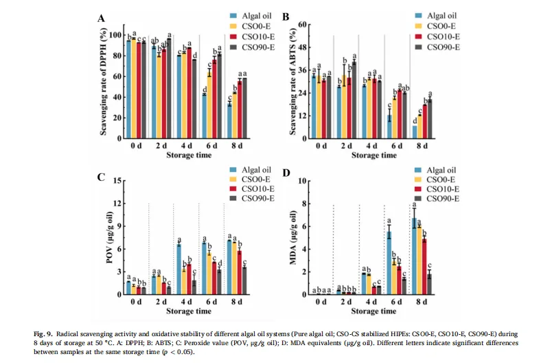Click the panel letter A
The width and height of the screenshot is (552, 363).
coord(102,18)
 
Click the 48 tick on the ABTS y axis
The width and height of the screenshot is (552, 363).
coord(298,47)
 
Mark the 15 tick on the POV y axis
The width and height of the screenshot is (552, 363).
coord(117,181)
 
